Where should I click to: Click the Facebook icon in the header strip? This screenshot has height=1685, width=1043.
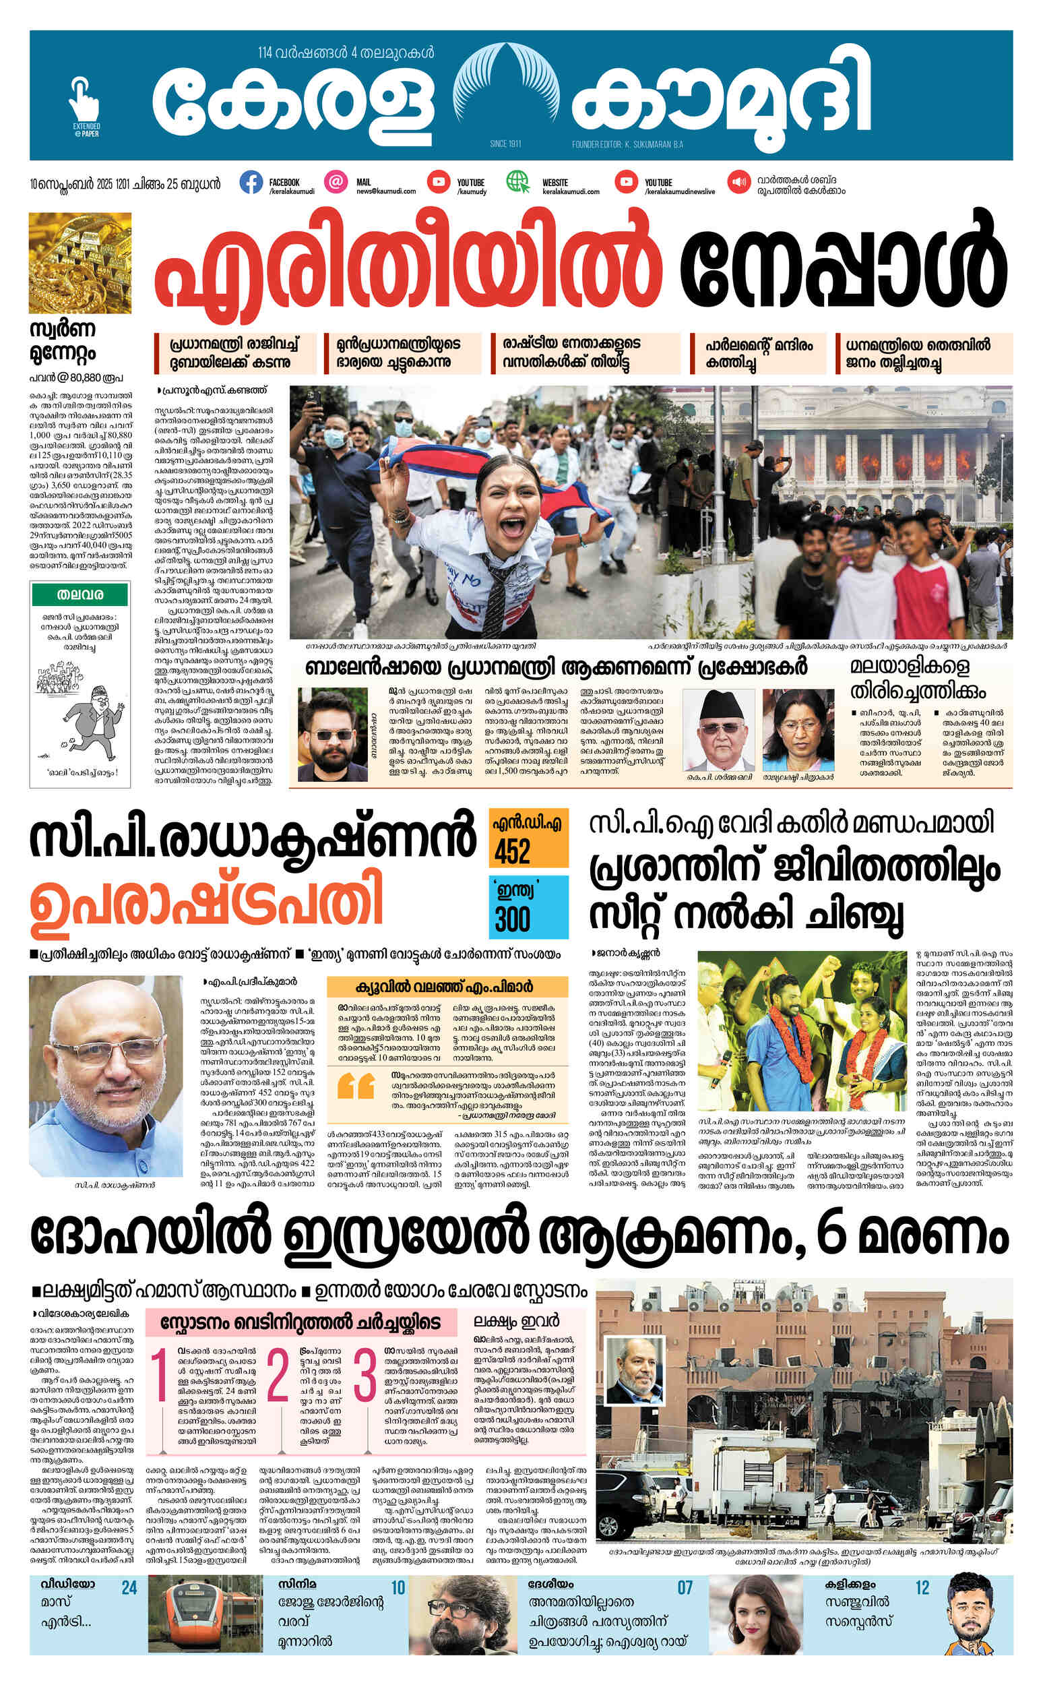pyautogui.click(x=251, y=182)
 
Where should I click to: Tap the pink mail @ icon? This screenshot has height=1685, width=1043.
pyautogui.click(x=336, y=182)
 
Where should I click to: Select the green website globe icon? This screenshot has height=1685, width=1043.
pyautogui.click(x=518, y=182)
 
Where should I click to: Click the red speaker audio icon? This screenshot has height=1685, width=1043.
pyautogui.click(x=738, y=182)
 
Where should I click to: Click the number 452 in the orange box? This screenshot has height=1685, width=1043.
pyautogui.click(x=512, y=853)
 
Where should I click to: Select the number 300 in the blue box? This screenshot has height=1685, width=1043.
pyautogui.click(x=512, y=920)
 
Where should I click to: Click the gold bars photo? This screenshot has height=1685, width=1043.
pyautogui.click(x=80, y=263)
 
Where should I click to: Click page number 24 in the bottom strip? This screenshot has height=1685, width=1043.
pyautogui.click(x=129, y=1587)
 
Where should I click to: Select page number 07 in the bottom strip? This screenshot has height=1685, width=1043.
pyautogui.click(x=685, y=1587)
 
